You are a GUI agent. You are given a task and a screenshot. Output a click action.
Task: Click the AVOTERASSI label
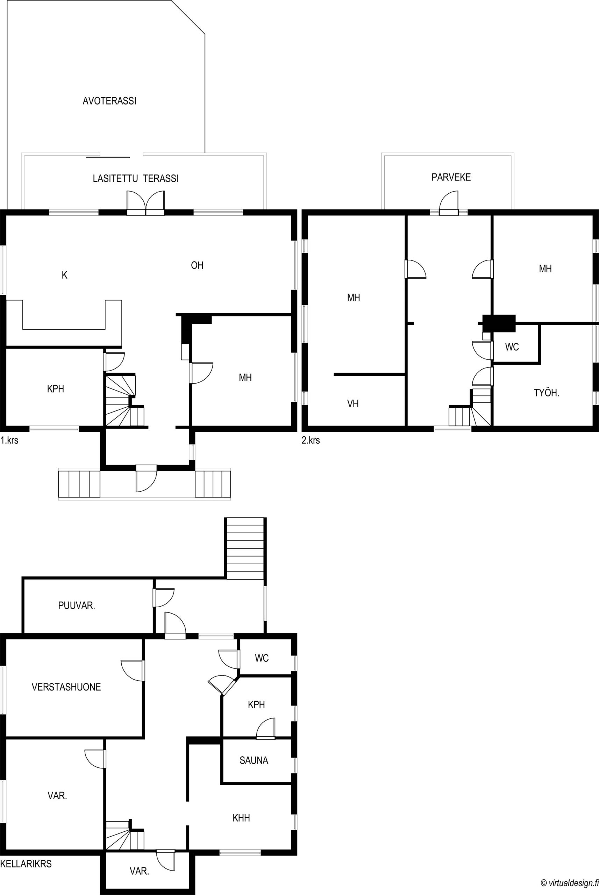(x=110, y=101)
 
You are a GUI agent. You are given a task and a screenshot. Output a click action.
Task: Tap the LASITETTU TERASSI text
(x=136, y=178)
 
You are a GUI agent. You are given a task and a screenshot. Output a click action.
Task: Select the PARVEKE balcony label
(x=451, y=177)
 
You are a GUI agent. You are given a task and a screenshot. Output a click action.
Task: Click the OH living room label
(x=197, y=265)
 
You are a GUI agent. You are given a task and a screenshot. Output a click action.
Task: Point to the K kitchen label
(x=65, y=275)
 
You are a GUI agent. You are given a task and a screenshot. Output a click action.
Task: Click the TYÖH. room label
(x=546, y=393)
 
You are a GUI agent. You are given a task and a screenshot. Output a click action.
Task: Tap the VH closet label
(x=352, y=403)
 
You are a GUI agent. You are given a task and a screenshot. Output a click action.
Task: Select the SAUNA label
(x=254, y=760)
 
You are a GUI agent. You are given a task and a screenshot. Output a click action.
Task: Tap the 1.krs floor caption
(x=9, y=440)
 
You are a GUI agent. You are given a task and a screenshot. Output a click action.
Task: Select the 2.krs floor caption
(x=311, y=440)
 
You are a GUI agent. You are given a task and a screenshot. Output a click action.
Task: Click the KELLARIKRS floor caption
(x=26, y=861)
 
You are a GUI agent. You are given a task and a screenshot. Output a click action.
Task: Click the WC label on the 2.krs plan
(x=512, y=347)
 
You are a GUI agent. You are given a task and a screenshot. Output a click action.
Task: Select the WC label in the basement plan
(x=262, y=658)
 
